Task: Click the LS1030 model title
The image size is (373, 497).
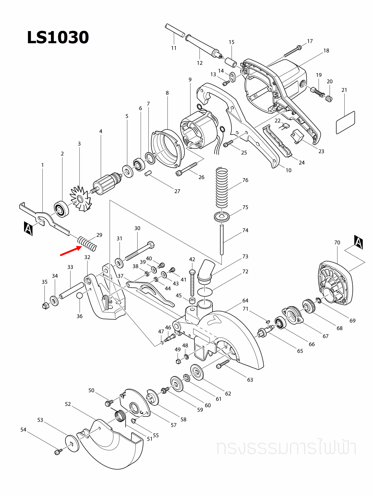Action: coord(58,38)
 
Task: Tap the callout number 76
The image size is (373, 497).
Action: coord(245,180)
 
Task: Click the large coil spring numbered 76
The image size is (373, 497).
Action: coord(222,188)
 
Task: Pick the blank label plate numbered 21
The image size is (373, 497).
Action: coord(345,123)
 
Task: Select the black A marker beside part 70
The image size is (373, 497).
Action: coord(359,242)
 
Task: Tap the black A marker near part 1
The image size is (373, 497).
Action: coord(28,229)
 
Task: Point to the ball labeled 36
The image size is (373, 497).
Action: coord(80,296)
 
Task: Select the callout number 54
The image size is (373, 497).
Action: coord(23,430)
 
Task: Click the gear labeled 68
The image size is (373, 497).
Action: coord(309,306)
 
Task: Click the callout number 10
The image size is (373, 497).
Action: coord(288,170)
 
